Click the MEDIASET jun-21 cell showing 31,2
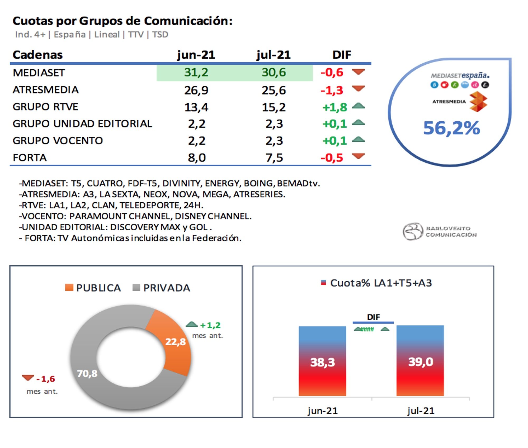196,72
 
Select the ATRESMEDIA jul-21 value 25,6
274,90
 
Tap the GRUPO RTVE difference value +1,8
334,107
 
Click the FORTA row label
30,158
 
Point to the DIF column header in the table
342,55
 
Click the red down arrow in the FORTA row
358,156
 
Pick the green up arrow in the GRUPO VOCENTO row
358,140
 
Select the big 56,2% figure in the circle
451,128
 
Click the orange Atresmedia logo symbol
478,102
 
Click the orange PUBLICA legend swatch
69,287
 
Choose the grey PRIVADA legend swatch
136,287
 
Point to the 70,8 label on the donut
87,373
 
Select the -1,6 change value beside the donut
46,379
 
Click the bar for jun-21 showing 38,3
322,361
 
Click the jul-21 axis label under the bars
421,411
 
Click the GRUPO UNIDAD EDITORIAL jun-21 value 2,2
197,124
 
